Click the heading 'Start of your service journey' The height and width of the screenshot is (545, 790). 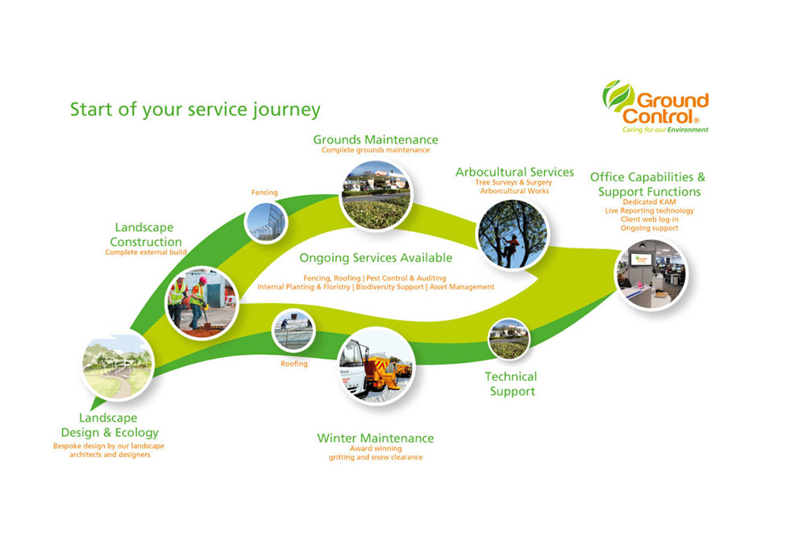click(195, 109)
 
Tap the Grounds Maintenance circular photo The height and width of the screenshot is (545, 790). click(375, 195)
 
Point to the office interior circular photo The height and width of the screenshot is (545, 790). click(651, 274)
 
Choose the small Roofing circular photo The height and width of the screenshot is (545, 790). click(293, 330)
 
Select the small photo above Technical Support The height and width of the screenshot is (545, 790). click(509, 339)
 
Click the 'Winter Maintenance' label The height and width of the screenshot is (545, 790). click(375, 439)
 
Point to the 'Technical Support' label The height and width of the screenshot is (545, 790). click(511, 384)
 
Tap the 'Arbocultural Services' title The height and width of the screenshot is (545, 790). click(514, 172)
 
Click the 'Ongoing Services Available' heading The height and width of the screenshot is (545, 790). click(376, 258)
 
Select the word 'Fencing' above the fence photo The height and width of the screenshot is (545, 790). click(264, 193)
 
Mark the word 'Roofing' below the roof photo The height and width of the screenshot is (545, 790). click(294, 364)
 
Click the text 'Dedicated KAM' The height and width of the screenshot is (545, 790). click(649, 202)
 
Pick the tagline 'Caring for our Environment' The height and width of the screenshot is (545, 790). click(665, 129)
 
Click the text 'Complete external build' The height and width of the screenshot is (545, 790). click(146, 252)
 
